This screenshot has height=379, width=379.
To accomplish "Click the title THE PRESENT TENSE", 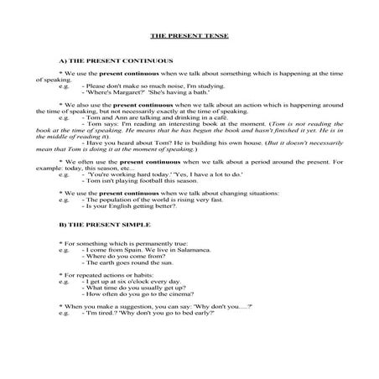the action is click(189, 38).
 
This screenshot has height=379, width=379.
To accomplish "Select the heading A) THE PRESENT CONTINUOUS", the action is click(116, 62).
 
